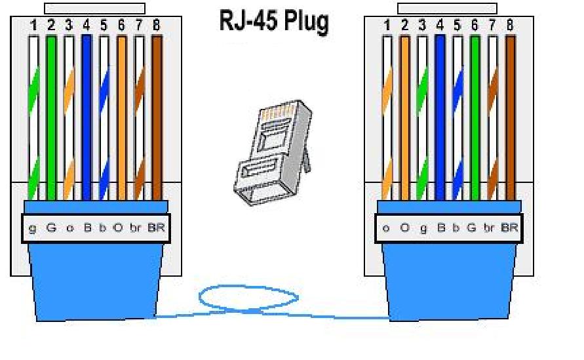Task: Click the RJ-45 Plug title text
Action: (x=273, y=22)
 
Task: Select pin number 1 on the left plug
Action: (x=34, y=26)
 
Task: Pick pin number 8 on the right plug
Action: (x=510, y=26)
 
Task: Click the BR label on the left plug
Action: (x=157, y=228)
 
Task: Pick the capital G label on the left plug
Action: (x=51, y=228)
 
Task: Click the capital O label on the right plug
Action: (x=404, y=228)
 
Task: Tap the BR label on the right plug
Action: (x=509, y=228)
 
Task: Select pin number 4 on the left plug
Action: (x=87, y=26)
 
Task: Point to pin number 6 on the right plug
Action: (x=475, y=26)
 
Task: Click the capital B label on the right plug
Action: (x=439, y=228)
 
